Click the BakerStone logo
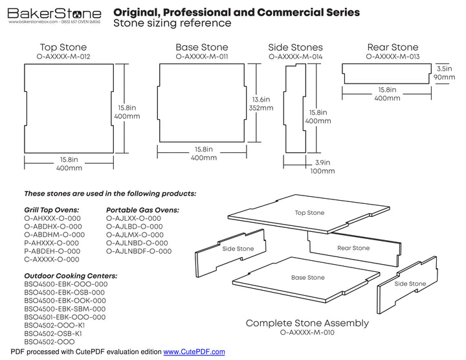(54, 14)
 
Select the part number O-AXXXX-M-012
(63, 57)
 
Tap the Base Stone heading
(201, 47)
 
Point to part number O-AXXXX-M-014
(295, 57)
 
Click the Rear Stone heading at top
(392, 47)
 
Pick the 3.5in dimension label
(444, 68)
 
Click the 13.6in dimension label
(262, 99)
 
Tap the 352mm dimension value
(261, 108)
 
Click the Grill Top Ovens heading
(52, 210)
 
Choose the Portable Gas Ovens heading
(142, 210)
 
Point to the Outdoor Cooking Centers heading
(71, 276)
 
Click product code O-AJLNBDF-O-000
(139, 251)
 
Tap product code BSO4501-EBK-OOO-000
(65, 317)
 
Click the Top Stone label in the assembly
(309, 213)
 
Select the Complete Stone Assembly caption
(307, 323)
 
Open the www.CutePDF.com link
(194, 352)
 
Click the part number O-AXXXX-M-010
(307, 333)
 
